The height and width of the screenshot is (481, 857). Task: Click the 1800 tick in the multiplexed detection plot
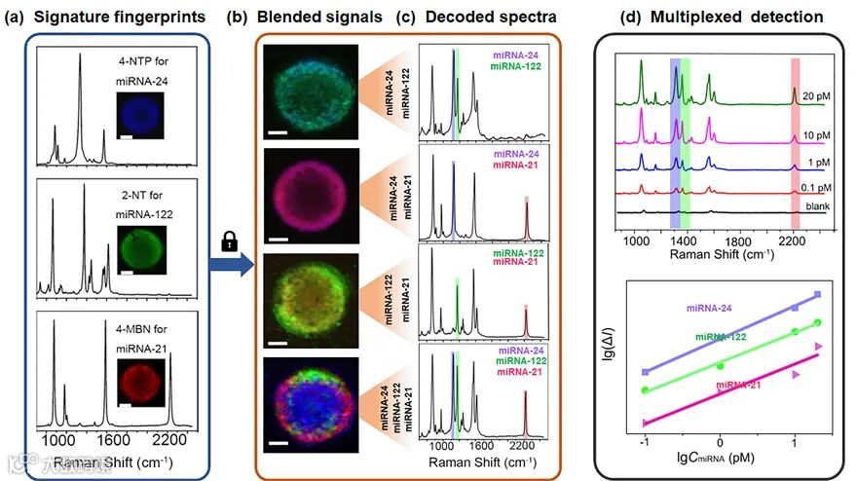tap(740, 240)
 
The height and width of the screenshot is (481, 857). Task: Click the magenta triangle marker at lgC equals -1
tap(645, 422)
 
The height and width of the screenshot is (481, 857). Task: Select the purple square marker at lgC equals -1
tap(645, 372)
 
